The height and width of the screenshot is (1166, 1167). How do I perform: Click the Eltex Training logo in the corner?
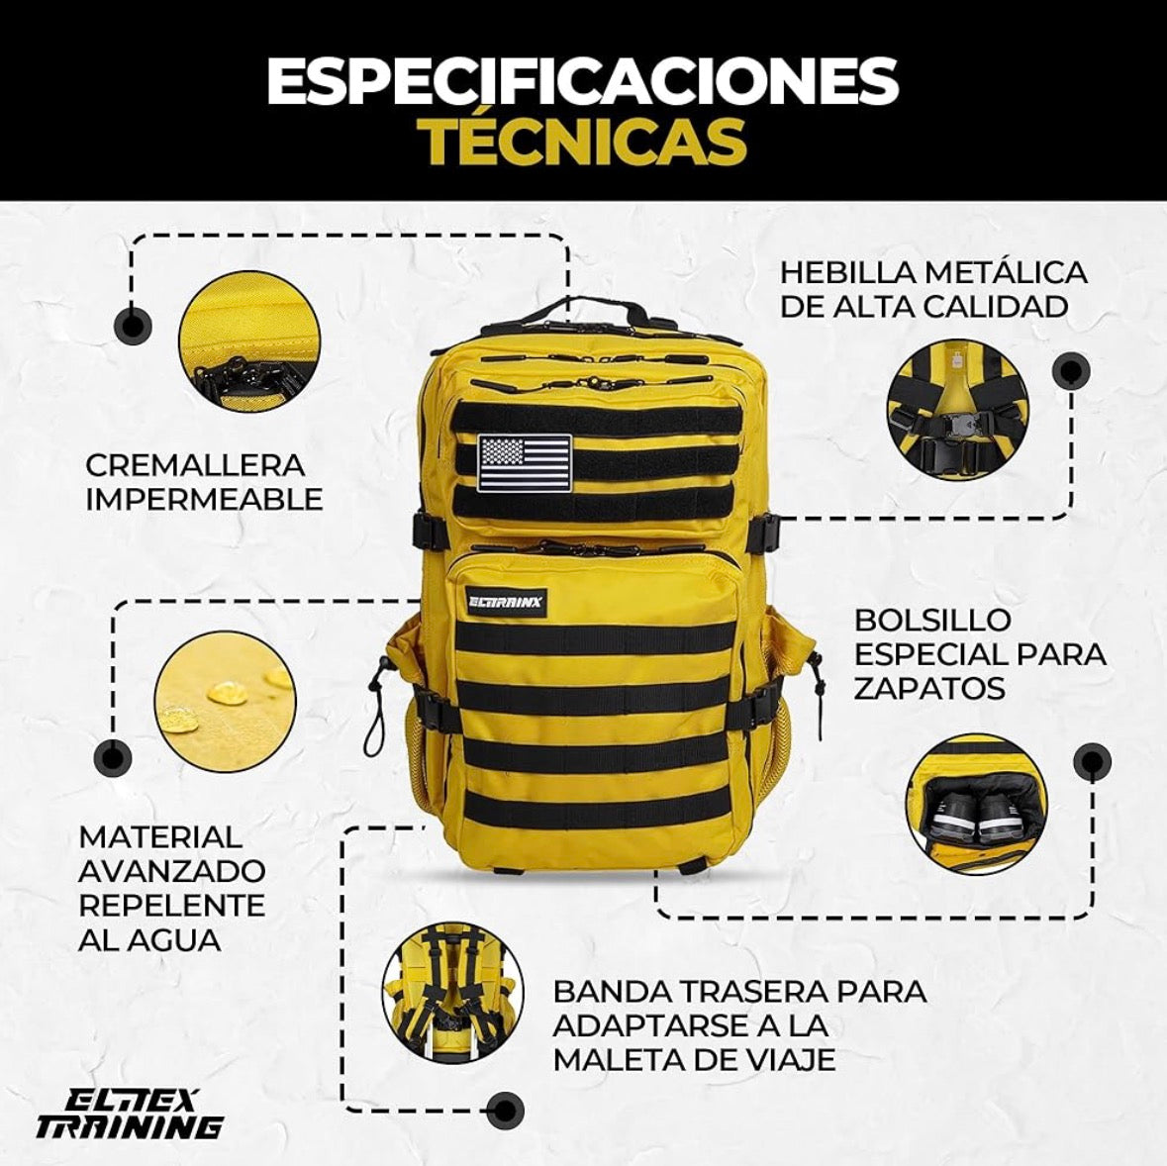click(x=129, y=1114)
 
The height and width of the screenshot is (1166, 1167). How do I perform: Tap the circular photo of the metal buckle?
click(x=957, y=411)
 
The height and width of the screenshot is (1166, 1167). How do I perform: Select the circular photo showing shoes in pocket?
click(x=976, y=803)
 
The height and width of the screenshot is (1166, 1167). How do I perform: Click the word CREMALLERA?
click(x=195, y=465)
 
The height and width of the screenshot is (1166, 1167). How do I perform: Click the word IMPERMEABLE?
click(x=204, y=499)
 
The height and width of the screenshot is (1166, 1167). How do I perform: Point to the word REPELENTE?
click(x=172, y=905)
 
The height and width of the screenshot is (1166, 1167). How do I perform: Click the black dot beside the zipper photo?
click(x=133, y=324)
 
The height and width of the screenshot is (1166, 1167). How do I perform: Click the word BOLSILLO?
click(x=920, y=621)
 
